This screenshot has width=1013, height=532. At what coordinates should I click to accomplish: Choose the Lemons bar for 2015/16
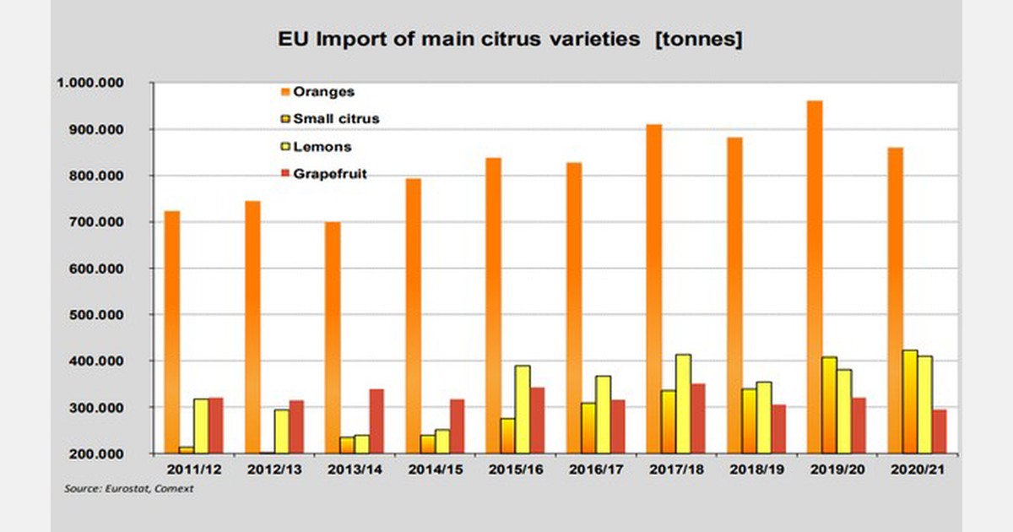[523, 410]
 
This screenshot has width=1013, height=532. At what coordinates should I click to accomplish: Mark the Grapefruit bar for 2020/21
[939, 432]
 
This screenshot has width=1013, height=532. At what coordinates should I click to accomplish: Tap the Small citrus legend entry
[329, 119]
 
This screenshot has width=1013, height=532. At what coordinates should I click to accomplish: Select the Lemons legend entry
[317, 146]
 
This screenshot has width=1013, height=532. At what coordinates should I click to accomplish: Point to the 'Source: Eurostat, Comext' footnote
[128, 489]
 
